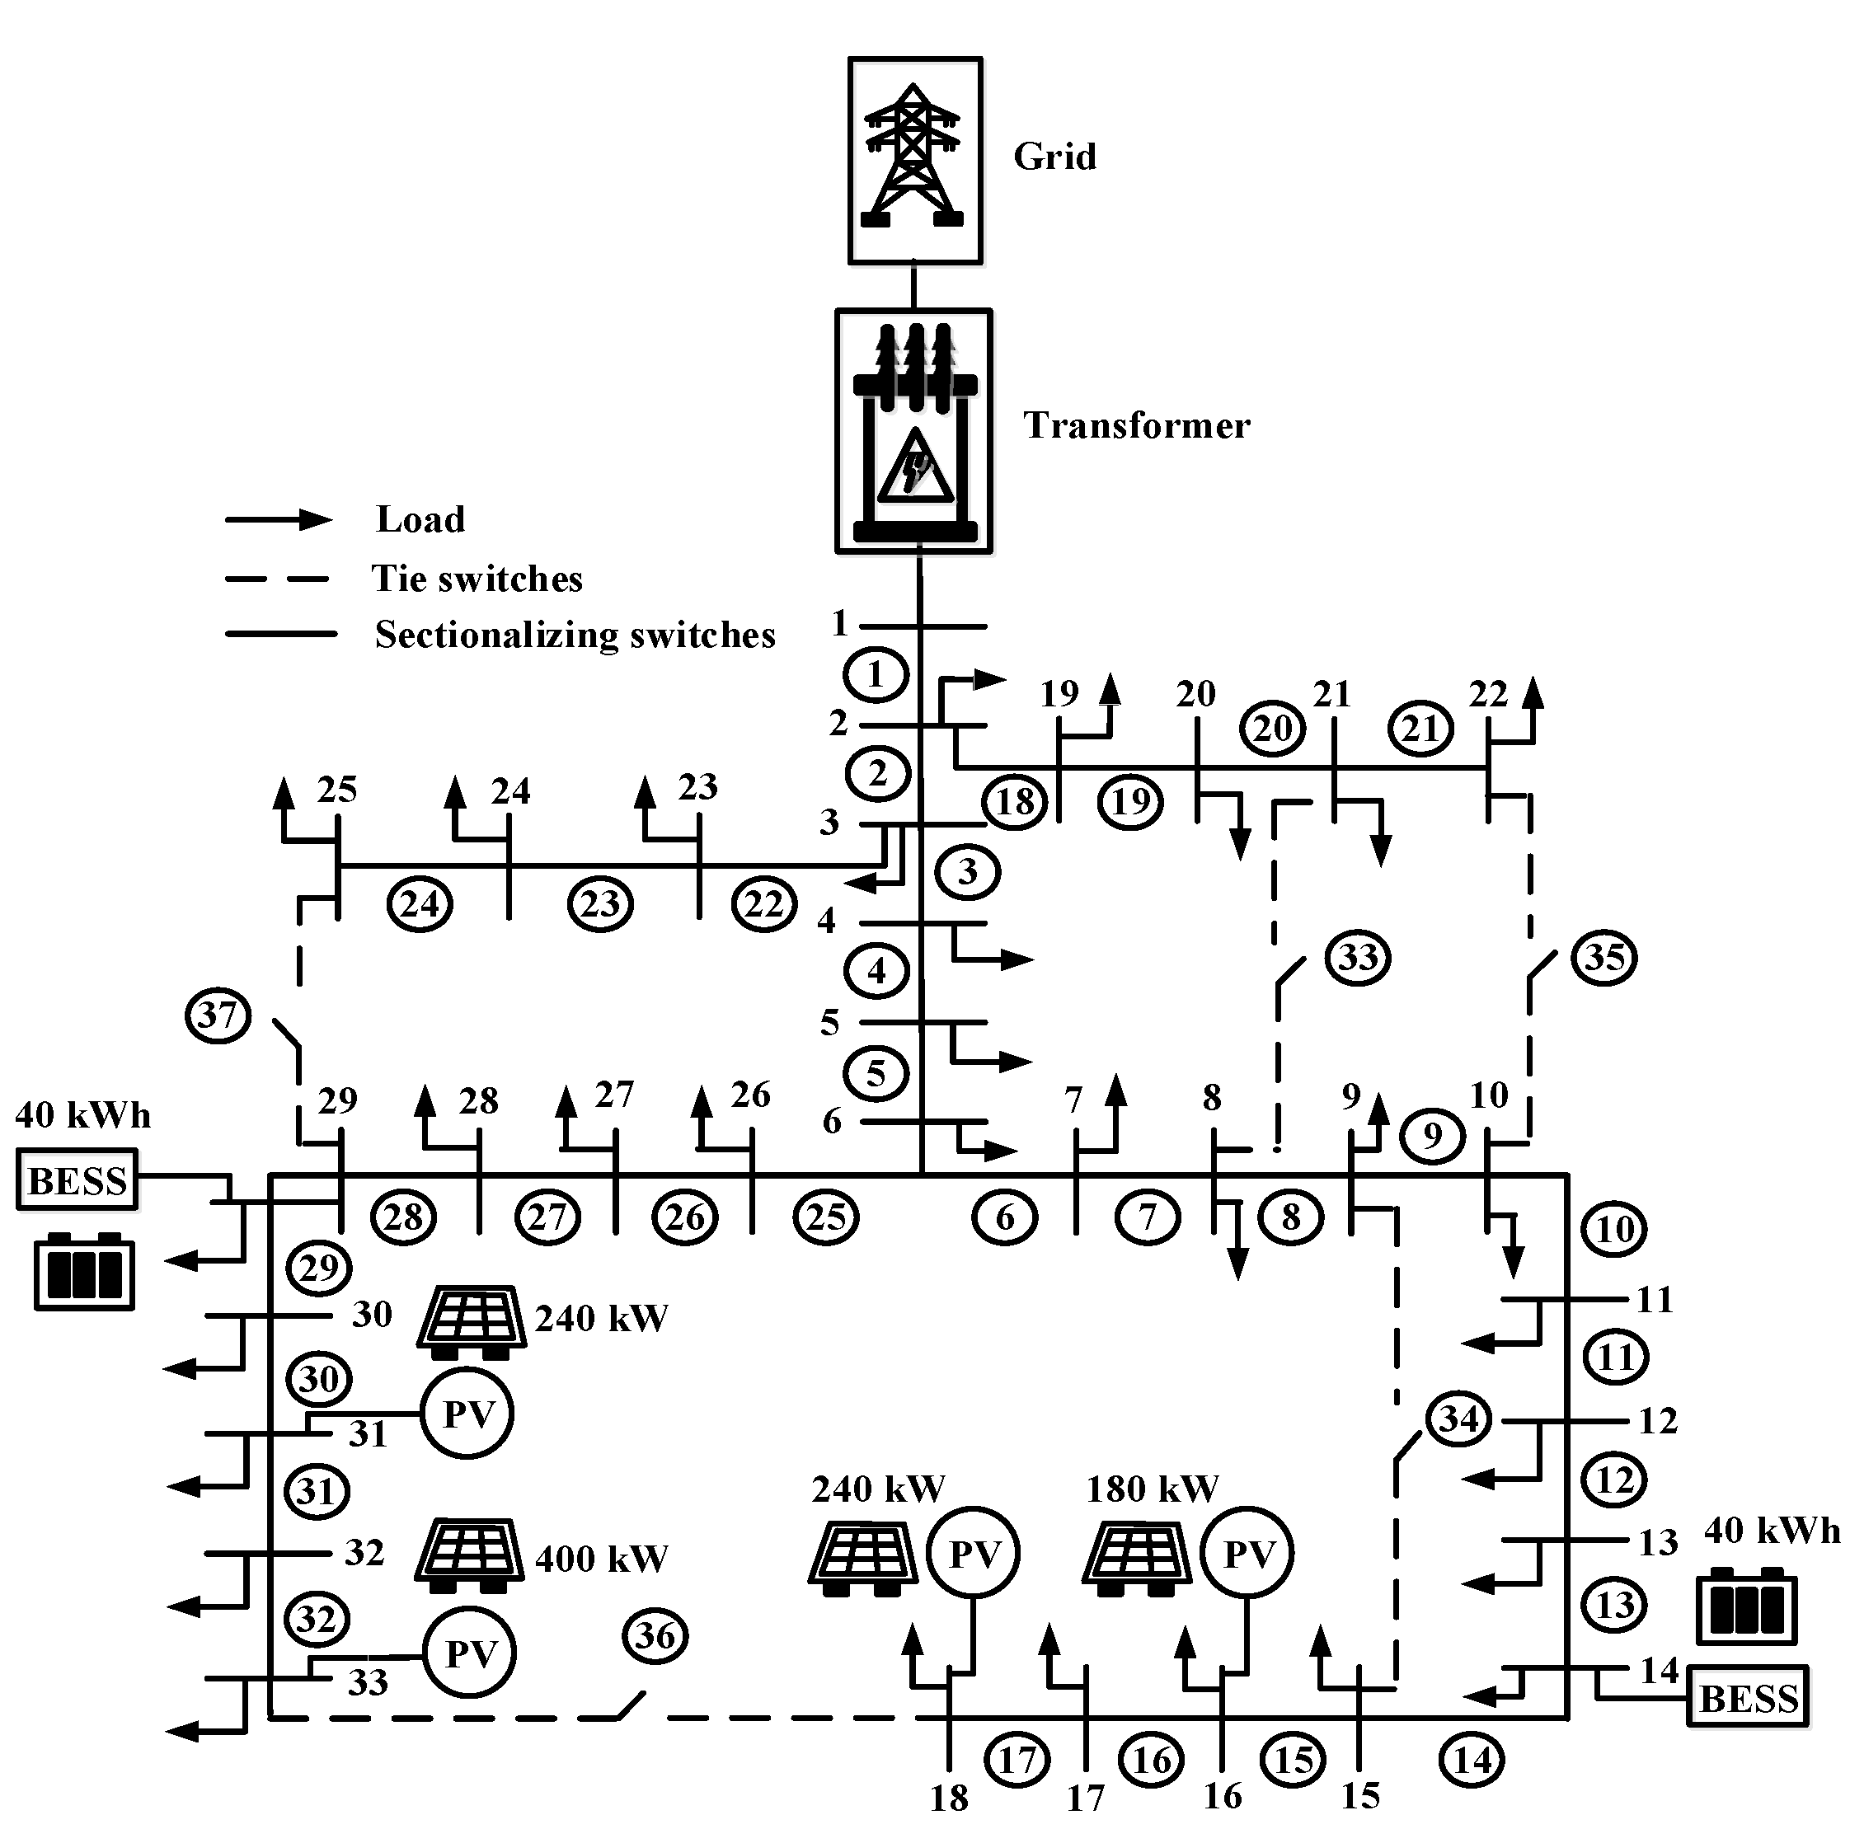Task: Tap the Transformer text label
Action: [1137, 426]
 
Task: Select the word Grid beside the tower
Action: [1054, 156]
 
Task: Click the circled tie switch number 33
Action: [1358, 957]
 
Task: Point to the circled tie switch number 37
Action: [218, 1015]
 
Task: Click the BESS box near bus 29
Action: [77, 1179]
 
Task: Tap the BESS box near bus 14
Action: [1749, 1698]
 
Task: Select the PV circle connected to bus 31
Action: [467, 1414]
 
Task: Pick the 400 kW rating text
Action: [601, 1558]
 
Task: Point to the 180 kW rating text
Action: [1152, 1489]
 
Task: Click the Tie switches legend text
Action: [477, 579]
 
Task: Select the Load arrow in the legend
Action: [279, 520]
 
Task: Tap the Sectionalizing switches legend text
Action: [575, 635]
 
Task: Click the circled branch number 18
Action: [1015, 800]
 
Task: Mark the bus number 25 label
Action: [337, 790]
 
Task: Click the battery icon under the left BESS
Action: [84, 1272]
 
